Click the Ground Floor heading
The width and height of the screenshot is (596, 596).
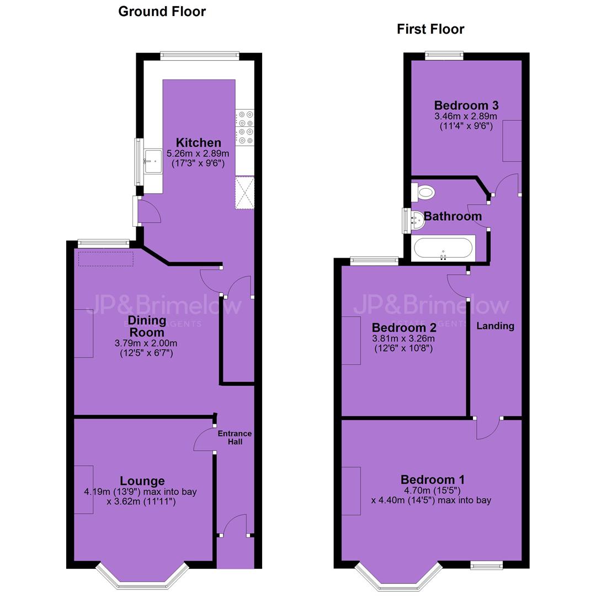pyautogui.click(x=162, y=12)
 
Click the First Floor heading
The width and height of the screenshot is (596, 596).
pyautogui.click(x=430, y=29)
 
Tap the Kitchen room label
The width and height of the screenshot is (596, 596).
pyautogui.click(x=199, y=142)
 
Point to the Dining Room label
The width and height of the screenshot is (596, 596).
pyautogui.click(x=147, y=326)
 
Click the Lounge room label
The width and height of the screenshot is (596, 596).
pyautogui.click(x=142, y=481)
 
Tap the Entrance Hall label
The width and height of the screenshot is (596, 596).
pyautogui.click(x=235, y=438)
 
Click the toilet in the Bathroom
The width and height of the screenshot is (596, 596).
pyautogui.click(x=423, y=193)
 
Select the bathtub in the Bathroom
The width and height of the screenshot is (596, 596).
pyautogui.click(x=443, y=248)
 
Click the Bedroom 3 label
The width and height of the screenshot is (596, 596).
pyautogui.click(x=466, y=105)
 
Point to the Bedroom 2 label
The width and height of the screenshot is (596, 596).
pyautogui.click(x=404, y=327)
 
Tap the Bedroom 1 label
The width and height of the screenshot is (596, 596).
pyautogui.click(x=433, y=480)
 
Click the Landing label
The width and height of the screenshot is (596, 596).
pyautogui.click(x=495, y=326)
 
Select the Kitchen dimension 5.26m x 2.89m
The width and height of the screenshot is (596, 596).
pyautogui.click(x=198, y=154)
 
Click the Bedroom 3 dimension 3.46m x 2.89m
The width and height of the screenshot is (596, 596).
pyautogui.click(x=466, y=116)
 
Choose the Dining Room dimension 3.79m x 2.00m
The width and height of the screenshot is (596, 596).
pyautogui.click(x=146, y=343)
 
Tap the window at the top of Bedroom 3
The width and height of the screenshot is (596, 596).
pyautogui.click(x=444, y=56)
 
